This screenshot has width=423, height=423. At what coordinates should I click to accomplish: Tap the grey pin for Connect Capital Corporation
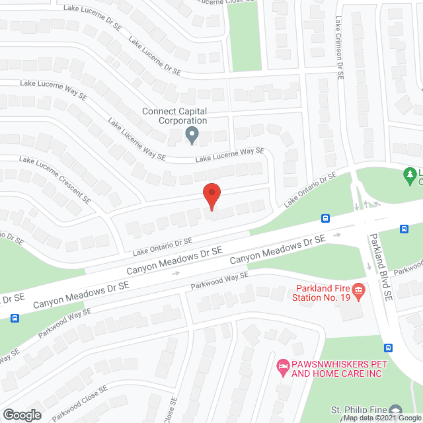click(192, 136)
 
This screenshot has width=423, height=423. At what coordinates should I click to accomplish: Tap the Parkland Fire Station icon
click(358, 290)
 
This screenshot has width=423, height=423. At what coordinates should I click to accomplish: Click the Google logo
click(21, 414)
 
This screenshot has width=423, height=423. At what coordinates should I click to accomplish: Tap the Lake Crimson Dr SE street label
click(340, 48)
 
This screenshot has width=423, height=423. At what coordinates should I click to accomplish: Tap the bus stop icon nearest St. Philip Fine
click(389, 348)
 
